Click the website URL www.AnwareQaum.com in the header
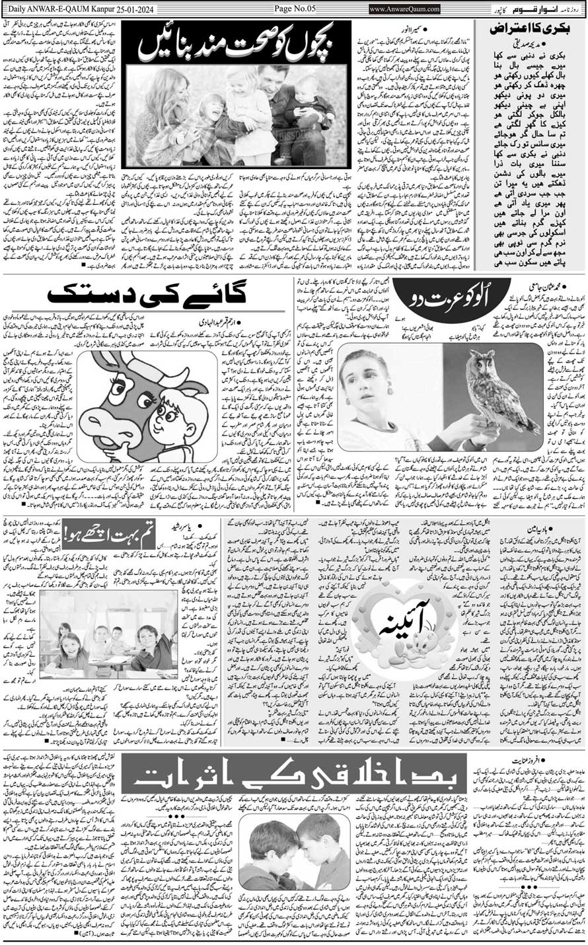[404, 9]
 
